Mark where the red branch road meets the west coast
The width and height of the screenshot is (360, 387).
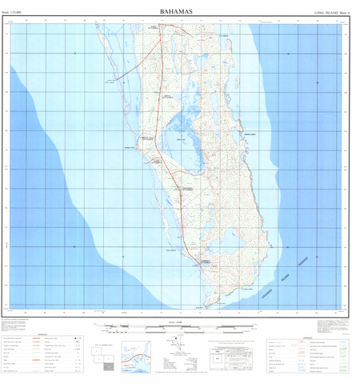[x=121, y=79]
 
